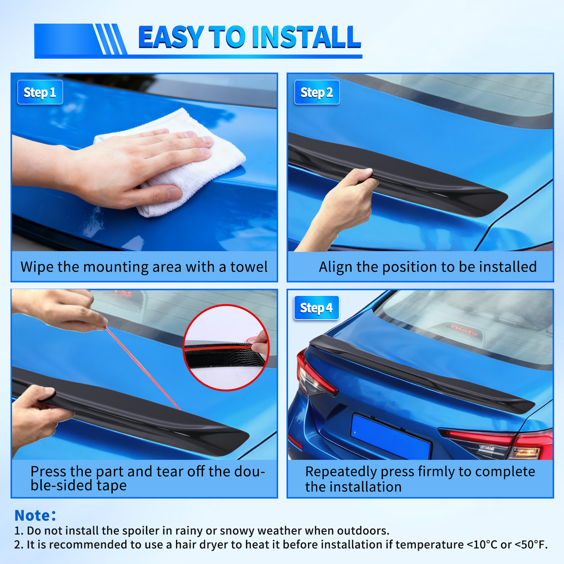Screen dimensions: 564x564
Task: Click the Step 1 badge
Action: coord(40,92)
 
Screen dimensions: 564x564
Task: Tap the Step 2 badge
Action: coord(317,92)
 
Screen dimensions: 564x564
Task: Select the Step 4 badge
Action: coord(316,308)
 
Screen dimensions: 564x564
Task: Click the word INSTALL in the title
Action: coord(306,37)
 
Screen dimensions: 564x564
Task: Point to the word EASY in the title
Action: coord(171,37)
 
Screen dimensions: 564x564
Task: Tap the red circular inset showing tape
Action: coord(226,348)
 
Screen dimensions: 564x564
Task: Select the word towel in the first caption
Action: coord(249,267)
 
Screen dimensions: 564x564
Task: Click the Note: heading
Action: coord(35,515)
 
